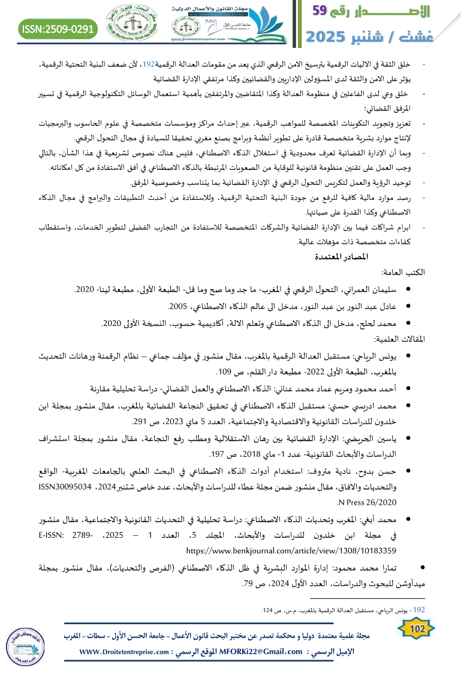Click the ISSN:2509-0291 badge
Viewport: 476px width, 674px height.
[x=58, y=28]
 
